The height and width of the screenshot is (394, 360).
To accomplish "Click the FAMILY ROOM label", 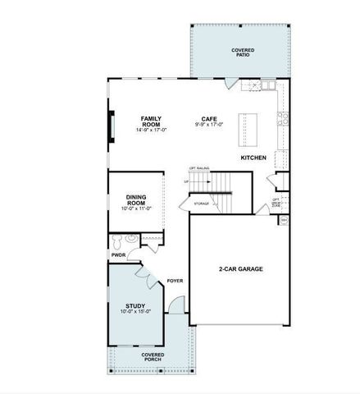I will [x=150, y=121].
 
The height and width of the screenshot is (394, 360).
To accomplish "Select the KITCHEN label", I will [x=252, y=156].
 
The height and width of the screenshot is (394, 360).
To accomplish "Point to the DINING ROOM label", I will [x=136, y=199].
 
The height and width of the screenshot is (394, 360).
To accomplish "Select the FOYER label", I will [x=175, y=281].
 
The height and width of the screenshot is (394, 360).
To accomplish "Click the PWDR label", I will [x=118, y=254].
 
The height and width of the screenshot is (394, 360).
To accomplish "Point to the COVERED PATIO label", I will [x=243, y=52].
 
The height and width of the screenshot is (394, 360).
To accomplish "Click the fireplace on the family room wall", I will [x=111, y=128].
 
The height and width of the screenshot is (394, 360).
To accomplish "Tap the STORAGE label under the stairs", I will [x=201, y=203].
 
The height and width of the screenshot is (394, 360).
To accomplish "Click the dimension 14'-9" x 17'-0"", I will [x=151, y=130].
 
